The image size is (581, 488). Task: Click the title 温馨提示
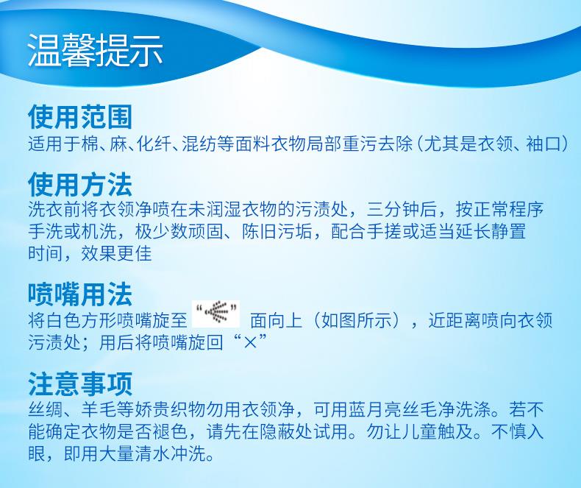95,51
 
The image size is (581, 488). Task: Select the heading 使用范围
80,117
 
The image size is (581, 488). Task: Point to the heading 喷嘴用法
80,294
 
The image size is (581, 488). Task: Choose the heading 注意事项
80,384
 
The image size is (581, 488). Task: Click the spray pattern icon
216,314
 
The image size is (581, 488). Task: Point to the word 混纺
199,144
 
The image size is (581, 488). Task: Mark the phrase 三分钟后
402,210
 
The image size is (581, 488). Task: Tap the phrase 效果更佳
116,254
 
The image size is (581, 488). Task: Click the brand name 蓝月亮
374,409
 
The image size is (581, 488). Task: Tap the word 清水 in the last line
152,454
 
